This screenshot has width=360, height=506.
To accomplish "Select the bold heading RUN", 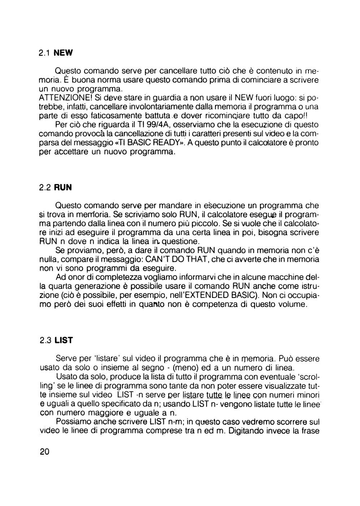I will [63, 188].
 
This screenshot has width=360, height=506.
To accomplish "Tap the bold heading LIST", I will [64, 340].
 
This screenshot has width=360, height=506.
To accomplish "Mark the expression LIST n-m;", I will [168, 422].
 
